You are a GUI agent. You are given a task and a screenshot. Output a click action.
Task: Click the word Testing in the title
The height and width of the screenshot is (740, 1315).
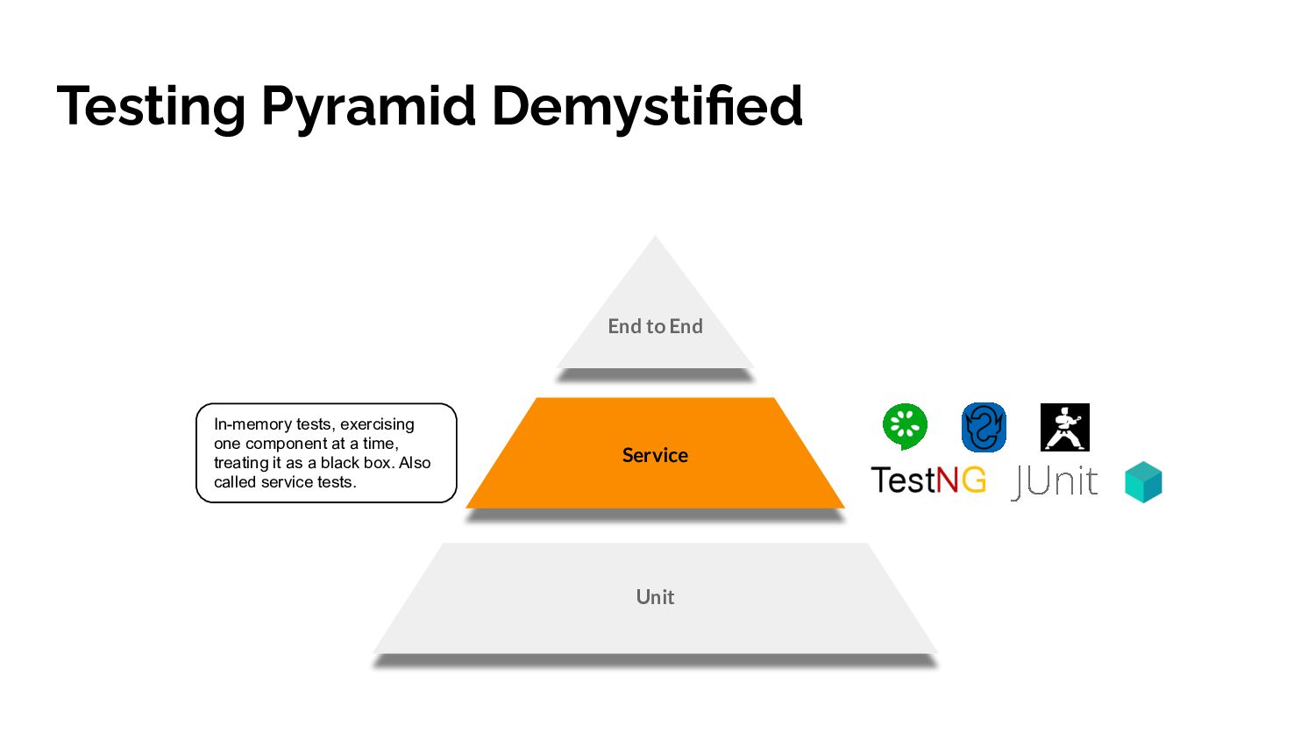coord(151,107)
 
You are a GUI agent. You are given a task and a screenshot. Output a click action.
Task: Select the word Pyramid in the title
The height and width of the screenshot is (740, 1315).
coord(368,107)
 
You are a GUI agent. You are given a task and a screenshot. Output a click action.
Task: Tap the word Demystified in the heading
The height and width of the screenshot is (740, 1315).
coord(647,107)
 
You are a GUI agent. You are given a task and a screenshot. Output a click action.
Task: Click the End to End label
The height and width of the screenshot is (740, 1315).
coord(655,326)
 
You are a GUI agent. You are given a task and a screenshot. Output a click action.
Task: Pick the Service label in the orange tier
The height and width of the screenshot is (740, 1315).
coord(655,455)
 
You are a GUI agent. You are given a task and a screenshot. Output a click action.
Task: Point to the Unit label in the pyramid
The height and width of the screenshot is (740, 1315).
coord(655,597)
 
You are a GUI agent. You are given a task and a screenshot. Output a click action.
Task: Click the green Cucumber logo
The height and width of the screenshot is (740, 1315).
coord(905,426)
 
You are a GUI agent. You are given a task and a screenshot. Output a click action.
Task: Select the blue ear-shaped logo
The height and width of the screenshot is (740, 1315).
coord(984,427)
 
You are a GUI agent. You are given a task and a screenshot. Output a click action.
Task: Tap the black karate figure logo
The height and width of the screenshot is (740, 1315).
coord(1064,427)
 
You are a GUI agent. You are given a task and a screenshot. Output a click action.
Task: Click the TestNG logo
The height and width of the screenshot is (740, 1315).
coord(928,480)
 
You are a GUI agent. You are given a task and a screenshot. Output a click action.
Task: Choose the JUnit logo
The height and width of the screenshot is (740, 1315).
coord(1055,481)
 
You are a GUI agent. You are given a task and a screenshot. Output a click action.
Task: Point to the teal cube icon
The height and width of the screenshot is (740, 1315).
coord(1143,482)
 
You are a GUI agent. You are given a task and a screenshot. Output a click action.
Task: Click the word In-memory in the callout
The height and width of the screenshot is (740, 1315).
coord(252,424)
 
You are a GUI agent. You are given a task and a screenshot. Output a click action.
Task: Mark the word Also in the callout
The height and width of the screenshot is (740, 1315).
coord(415,463)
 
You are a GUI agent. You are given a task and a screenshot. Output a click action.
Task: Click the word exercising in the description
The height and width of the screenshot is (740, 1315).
coord(377,424)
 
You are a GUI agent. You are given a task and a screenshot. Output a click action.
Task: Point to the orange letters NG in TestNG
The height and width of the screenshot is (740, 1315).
coord(961,480)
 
